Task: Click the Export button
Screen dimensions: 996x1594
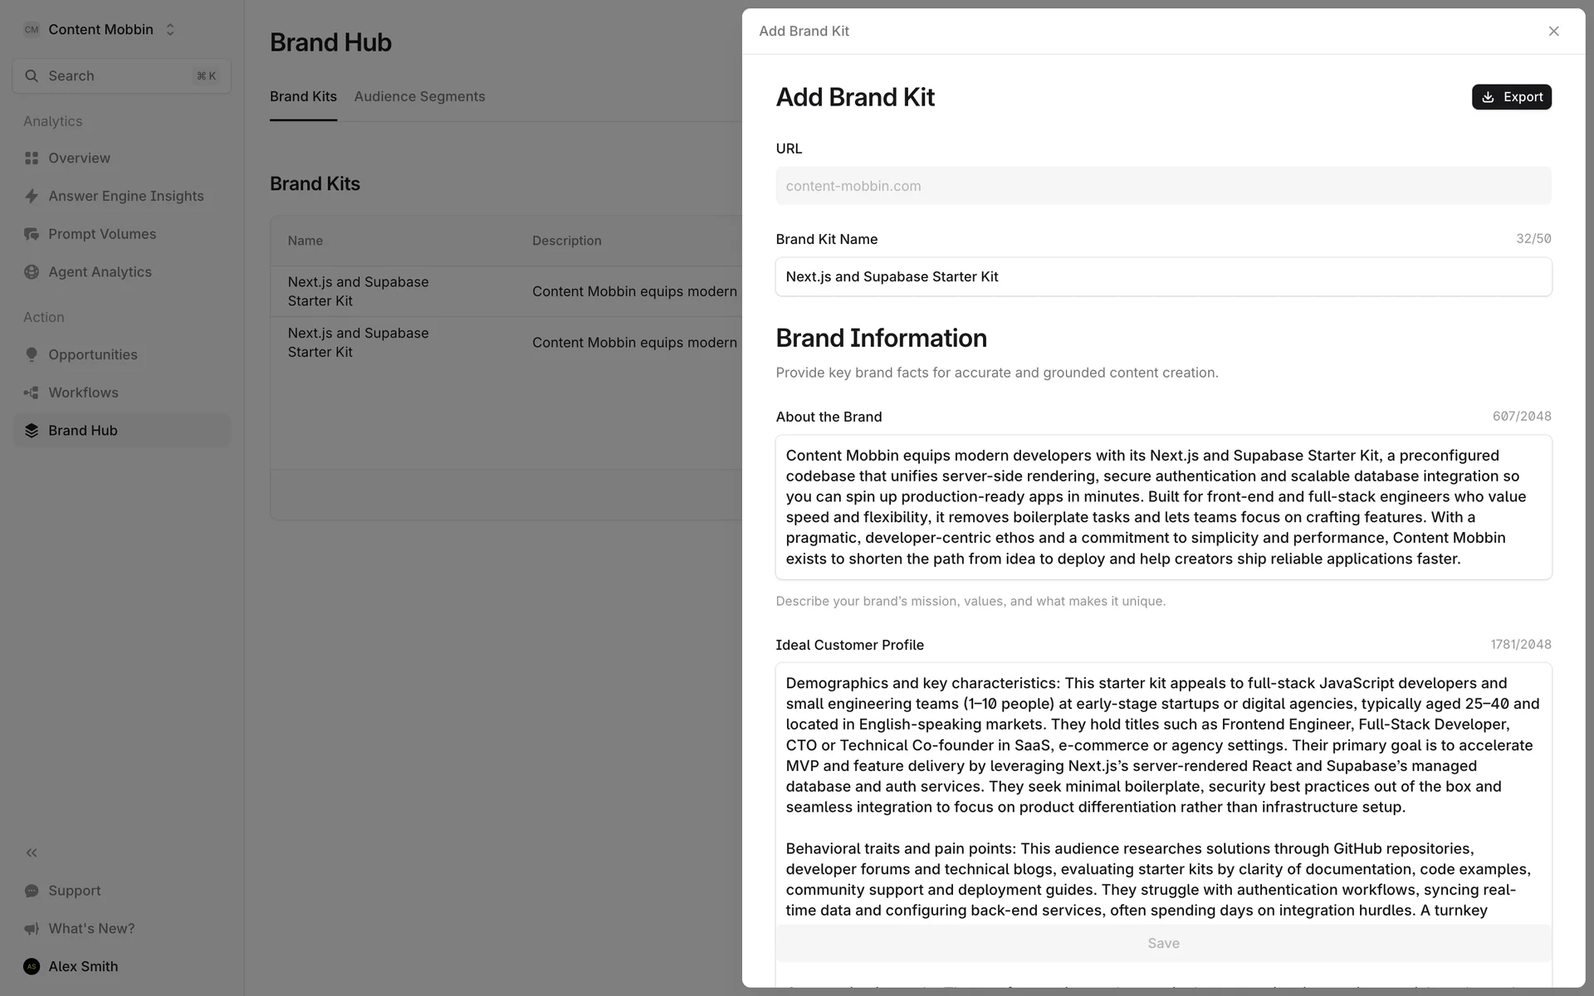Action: coord(1511,97)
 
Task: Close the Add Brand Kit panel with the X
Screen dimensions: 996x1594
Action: coord(1553,32)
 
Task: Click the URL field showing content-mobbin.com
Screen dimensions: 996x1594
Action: coord(1162,186)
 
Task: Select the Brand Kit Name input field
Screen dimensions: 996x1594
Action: coord(1162,276)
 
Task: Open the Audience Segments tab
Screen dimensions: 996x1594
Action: coord(419,96)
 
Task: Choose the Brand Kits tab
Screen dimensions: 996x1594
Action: coord(303,96)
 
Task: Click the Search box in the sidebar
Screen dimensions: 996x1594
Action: coord(121,76)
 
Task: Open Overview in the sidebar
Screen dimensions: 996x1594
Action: coord(79,158)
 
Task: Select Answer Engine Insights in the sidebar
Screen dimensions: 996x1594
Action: coord(125,196)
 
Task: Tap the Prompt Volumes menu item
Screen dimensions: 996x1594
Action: coord(101,234)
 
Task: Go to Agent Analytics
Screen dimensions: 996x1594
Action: coord(100,272)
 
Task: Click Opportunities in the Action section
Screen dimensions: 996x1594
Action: coord(92,354)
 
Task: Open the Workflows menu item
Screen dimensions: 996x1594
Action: coord(83,393)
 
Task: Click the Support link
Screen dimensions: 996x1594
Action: coord(74,891)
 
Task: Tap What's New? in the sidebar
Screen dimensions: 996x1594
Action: coord(90,929)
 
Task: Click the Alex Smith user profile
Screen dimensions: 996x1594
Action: coord(82,966)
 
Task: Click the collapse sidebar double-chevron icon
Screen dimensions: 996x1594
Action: coord(32,852)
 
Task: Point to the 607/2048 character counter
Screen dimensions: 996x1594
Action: coord(1521,417)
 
